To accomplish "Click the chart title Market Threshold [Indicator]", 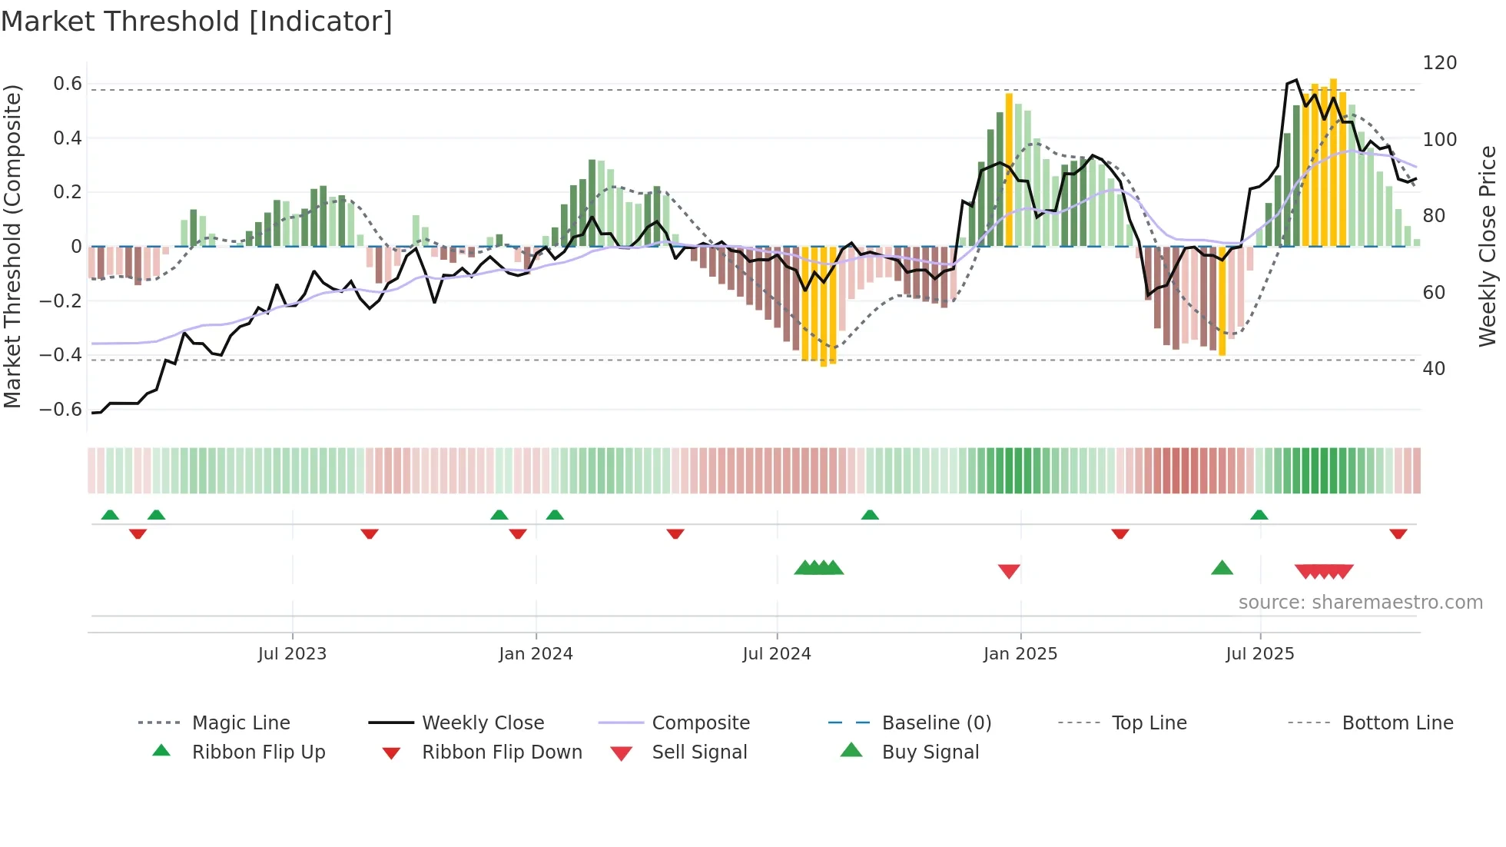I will (197, 22).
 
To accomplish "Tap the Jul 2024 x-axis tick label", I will (776, 654).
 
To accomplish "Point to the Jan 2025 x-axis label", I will (1020, 654).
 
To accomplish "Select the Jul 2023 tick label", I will (292, 654).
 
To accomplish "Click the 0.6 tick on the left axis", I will (68, 84).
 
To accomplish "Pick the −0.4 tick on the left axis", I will (61, 355).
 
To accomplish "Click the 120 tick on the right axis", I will (1439, 63).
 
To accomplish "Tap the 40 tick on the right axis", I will (1433, 369).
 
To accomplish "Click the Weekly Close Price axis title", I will (1488, 246).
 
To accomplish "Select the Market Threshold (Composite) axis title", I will (12, 246).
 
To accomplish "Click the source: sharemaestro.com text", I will (1360, 603).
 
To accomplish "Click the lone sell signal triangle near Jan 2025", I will (1008, 571).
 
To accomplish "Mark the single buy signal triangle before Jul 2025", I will (1222, 568).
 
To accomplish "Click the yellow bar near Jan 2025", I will (1009, 169).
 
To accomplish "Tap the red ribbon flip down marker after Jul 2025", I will (1398, 533).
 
